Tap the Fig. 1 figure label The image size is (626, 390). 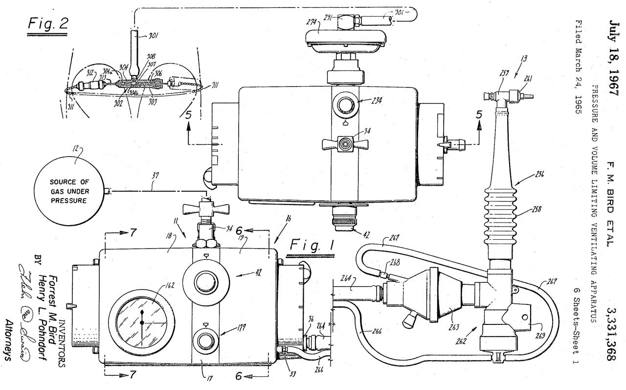(312, 245)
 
